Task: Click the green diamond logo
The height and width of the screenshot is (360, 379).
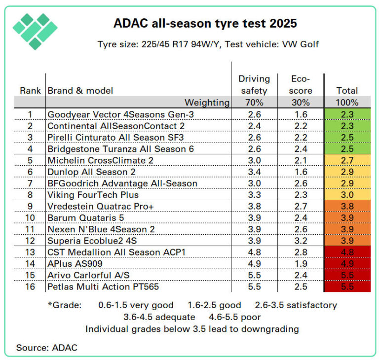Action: [35, 31]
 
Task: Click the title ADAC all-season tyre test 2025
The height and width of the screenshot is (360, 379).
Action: [205, 23]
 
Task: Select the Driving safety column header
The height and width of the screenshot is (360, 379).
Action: [254, 84]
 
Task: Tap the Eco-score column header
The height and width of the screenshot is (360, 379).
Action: [301, 84]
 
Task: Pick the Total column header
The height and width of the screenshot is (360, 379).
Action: [347, 91]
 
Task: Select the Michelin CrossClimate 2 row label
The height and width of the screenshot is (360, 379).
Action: [104, 160]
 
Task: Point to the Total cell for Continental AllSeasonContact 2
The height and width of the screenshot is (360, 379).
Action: [347, 126]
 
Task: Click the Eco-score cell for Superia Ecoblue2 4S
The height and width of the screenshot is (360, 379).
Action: [301, 241]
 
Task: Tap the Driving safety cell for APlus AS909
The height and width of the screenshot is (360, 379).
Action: [254, 264]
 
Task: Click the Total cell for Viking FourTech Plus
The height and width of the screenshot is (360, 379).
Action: [347, 195]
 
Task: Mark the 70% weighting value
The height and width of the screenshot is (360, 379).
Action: [254, 103]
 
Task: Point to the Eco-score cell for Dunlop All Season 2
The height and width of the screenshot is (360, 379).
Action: [301, 172]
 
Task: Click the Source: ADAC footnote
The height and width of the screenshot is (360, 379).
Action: [47, 348]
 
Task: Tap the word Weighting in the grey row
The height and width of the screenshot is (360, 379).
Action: [207, 103]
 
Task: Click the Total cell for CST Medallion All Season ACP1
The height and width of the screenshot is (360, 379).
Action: [347, 252]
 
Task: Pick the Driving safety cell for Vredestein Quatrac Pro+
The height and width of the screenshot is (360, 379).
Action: [254, 207]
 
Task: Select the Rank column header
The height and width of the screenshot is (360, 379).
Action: [30, 91]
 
